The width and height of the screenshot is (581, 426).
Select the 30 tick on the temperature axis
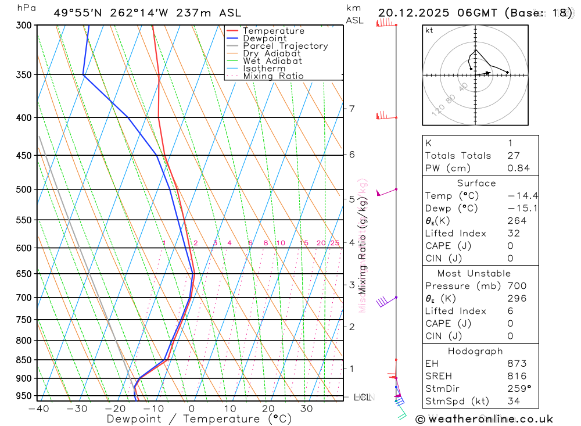tap(306, 409)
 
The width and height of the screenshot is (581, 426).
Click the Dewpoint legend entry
tap(264, 38)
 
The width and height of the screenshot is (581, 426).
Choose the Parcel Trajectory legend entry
tap(285, 46)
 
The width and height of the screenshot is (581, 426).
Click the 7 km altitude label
tap(352, 109)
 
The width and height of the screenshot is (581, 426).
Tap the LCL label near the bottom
tap(362, 398)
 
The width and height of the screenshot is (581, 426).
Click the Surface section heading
tap(476, 184)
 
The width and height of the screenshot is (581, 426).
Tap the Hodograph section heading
tap(476, 352)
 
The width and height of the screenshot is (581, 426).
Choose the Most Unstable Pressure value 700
tap(516, 286)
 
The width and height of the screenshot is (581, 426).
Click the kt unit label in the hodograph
tap(429, 30)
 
